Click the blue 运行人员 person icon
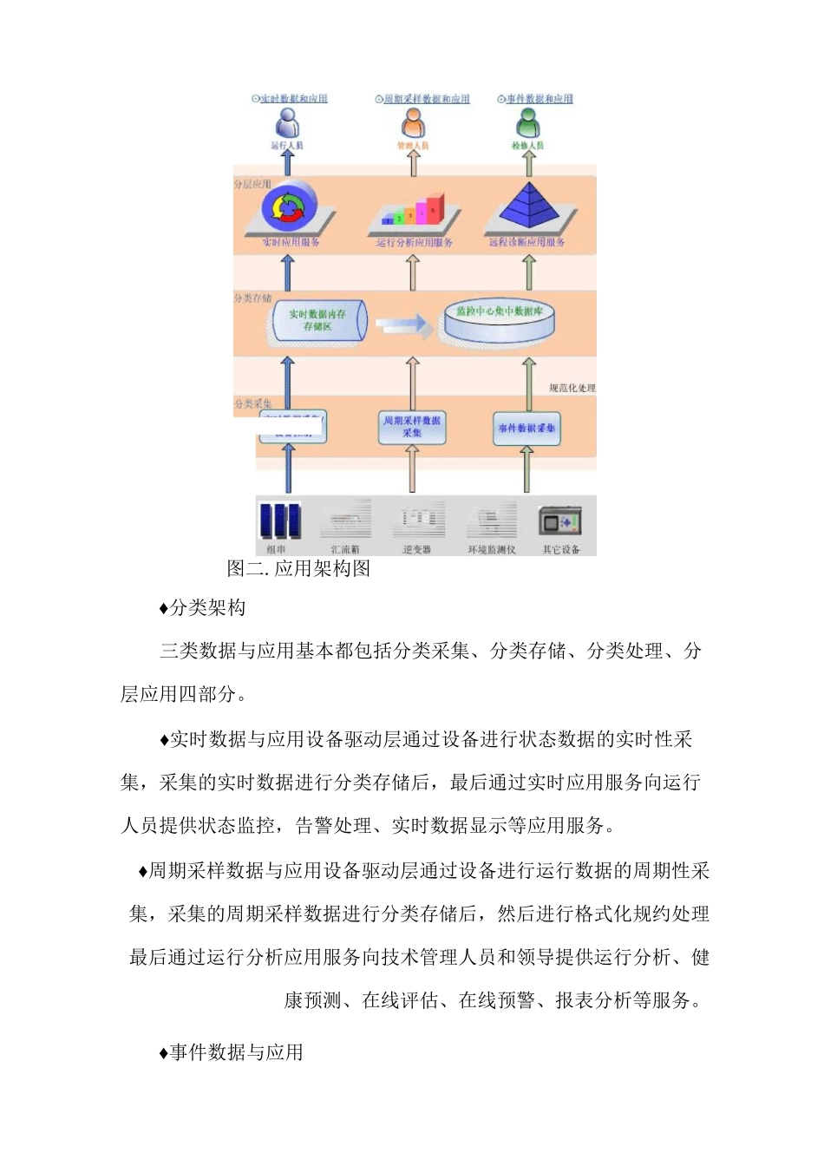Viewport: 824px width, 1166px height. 286,122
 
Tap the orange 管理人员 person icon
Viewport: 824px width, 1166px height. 414,122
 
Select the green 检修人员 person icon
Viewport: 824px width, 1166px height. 527,122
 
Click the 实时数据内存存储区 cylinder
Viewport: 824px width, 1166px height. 317,320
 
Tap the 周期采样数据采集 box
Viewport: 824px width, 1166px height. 412,427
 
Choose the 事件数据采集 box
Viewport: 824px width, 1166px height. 526,428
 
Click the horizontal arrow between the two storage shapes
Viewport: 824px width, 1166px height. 404,324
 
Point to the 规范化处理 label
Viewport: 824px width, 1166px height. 572,388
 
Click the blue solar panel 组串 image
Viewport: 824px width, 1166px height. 279,521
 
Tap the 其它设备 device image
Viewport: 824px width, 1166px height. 559,522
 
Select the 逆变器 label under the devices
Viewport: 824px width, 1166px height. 417,549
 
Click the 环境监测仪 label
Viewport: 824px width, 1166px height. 492,549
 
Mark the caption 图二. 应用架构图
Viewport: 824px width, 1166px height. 298,568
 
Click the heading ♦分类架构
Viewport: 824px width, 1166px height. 203,608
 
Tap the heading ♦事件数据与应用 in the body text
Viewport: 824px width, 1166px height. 232,1052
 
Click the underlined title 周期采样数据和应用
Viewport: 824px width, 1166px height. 426,99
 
